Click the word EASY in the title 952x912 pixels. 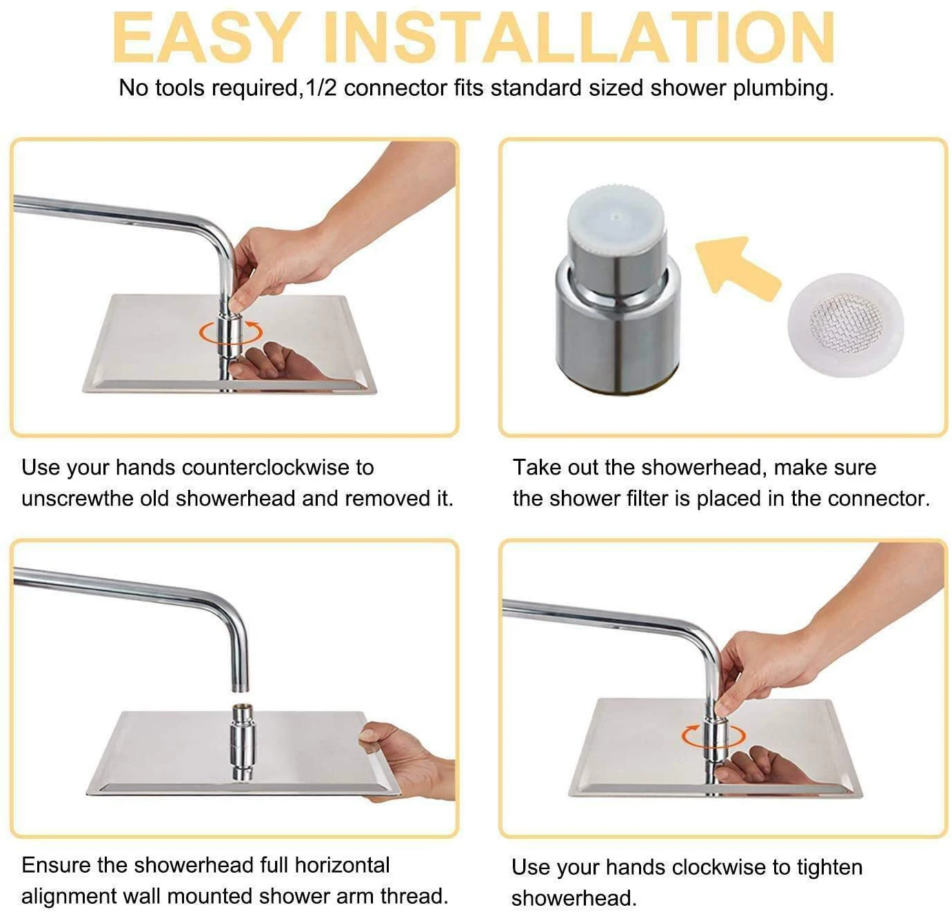206,38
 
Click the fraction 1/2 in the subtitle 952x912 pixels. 321,88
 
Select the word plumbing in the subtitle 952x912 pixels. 782,89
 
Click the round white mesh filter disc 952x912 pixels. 846,325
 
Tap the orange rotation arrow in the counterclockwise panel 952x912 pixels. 230,332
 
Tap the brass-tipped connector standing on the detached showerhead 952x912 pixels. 242,741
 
